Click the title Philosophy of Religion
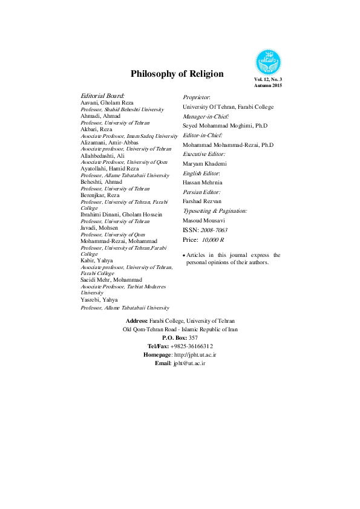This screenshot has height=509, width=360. click(x=177, y=74)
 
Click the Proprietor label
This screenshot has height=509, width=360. click(x=197, y=97)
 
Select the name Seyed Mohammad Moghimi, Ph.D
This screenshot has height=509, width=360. click(x=225, y=125)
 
